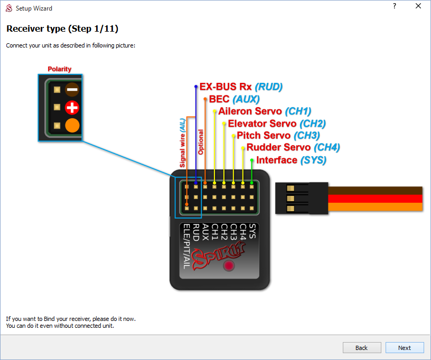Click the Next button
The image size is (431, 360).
pos(405,348)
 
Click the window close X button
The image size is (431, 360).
pos(418,6)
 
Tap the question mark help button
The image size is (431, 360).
pos(394,6)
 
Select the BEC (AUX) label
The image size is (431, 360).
pos(235,99)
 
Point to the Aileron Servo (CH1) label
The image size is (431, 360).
pos(265,111)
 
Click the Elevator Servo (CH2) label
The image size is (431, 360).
pos(277,124)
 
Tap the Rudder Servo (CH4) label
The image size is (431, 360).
pos(293,148)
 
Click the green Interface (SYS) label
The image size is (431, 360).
pos(291,160)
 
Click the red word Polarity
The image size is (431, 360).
pos(59,69)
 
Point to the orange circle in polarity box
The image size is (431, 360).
pos(72,126)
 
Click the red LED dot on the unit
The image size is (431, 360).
pos(229,266)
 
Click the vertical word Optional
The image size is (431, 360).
pos(201,141)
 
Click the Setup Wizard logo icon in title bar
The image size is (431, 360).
pos(8,8)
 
